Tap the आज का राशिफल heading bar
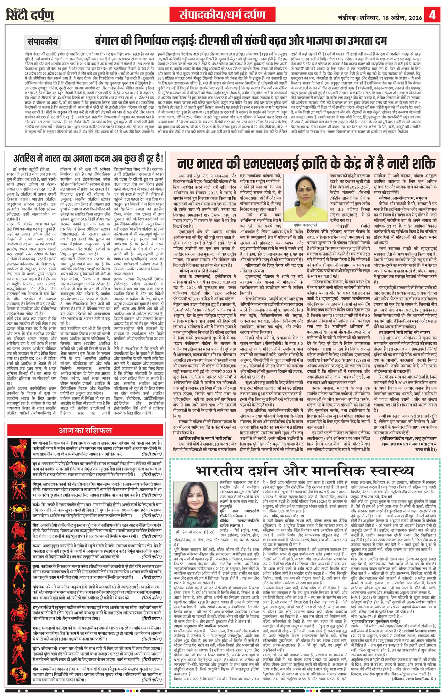(x=85, y=430)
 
